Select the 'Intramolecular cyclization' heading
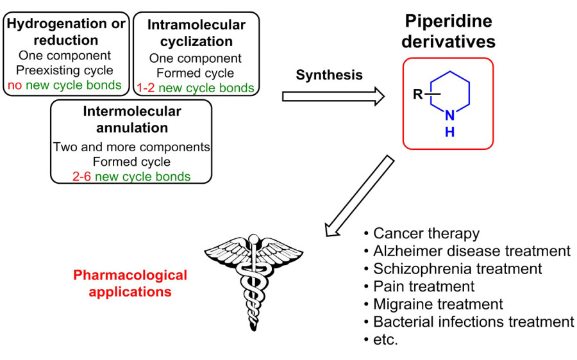tap(196, 33)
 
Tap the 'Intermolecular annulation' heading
tap(132, 119)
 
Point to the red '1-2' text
tap(146, 88)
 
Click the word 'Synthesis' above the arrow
tap(329, 75)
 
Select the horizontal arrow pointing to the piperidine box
tap(333, 97)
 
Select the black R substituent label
tap(417, 97)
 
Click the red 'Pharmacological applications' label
tap(130, 283)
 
